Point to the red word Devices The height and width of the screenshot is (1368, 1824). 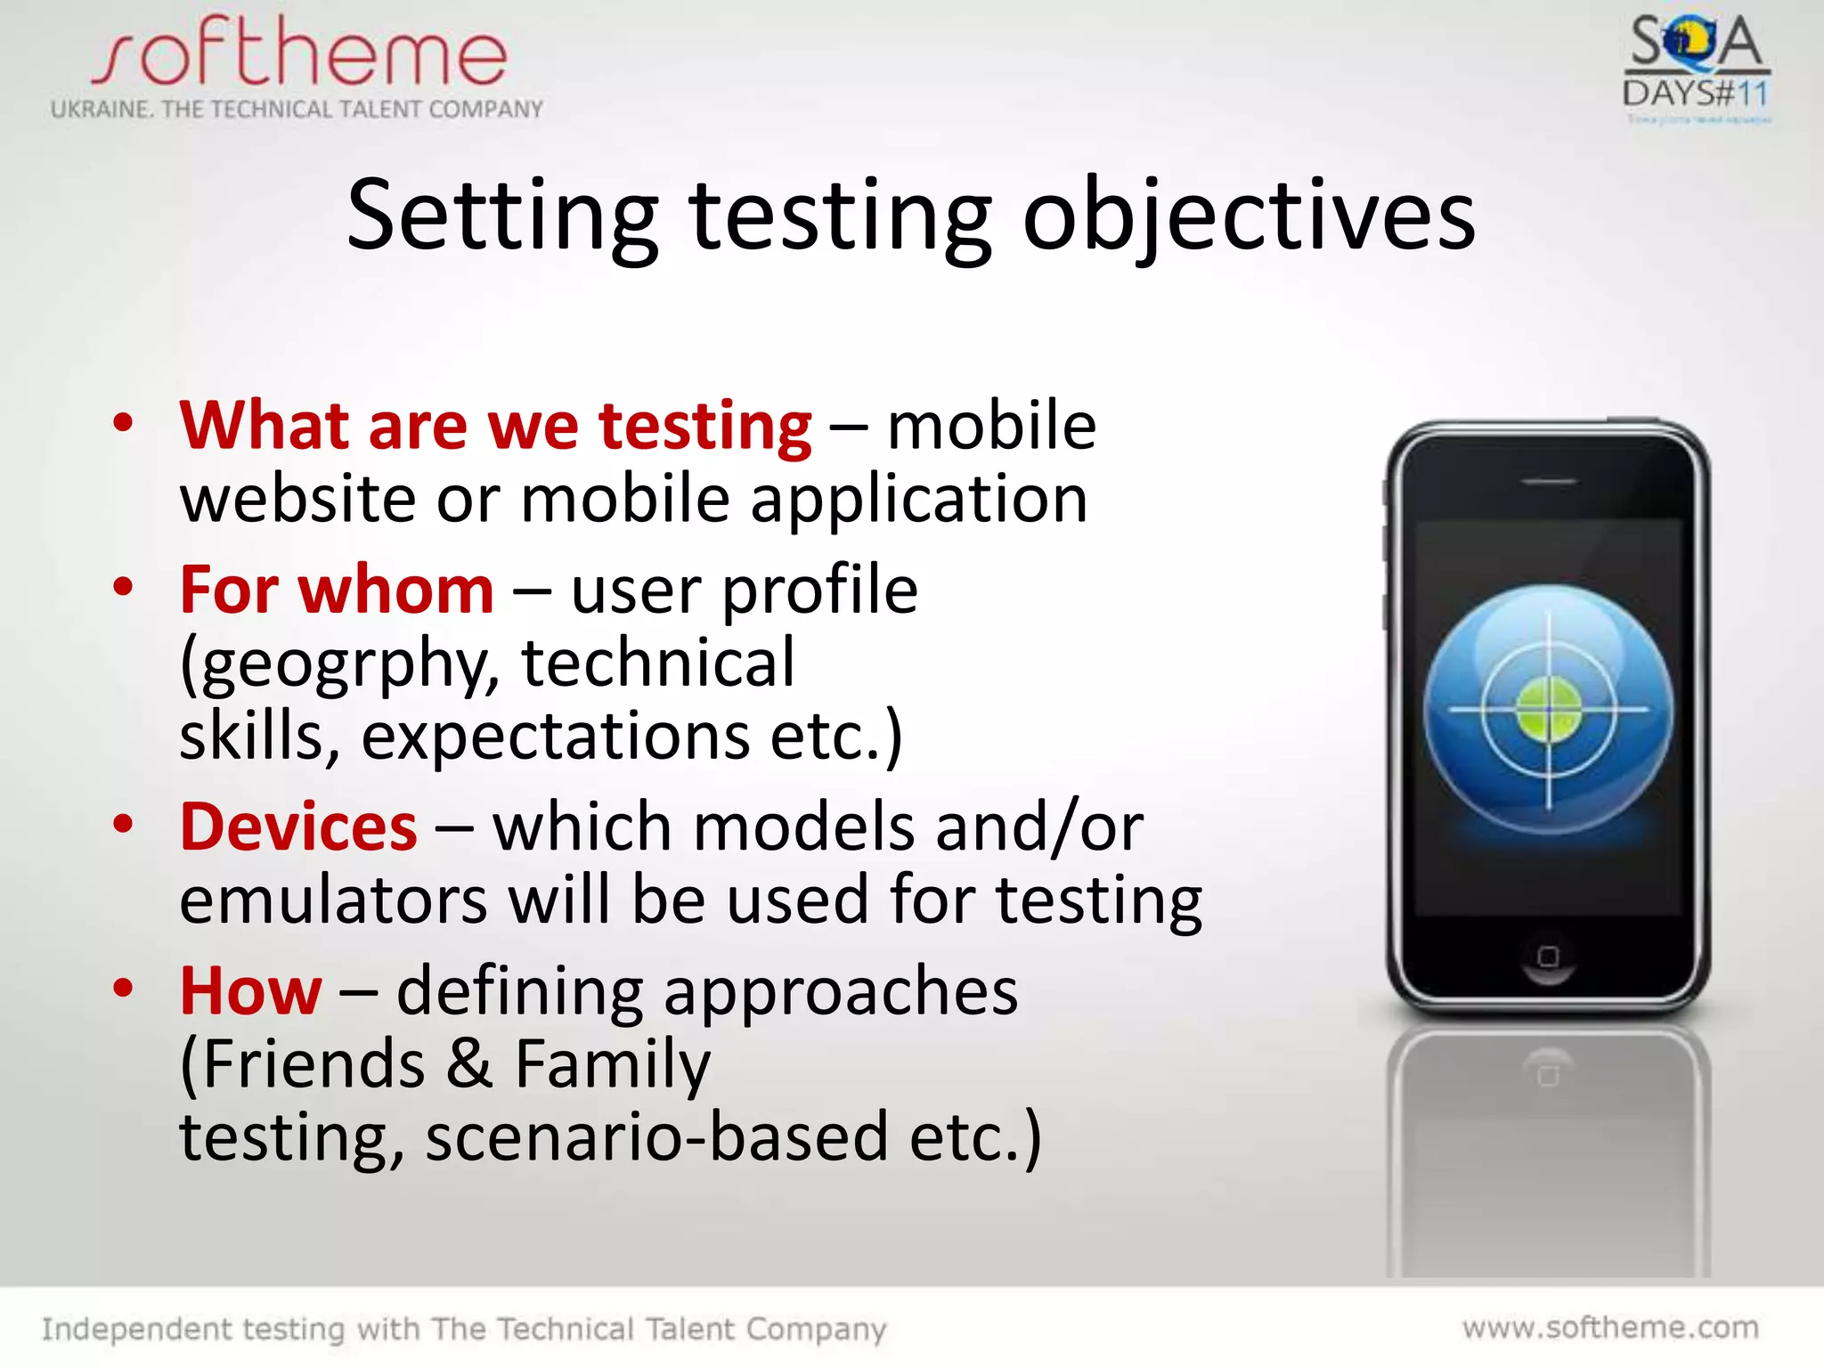tap(298, 827)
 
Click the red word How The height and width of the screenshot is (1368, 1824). tap(250, 990)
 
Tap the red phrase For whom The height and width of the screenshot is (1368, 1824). tap(337, 590)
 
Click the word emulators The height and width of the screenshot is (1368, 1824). tap(333, 900)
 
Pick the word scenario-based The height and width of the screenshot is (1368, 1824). tap(657, 1137)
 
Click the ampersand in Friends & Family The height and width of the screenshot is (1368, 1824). tap(469, 1064)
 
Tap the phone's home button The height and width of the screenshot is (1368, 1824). tap(1549, 957)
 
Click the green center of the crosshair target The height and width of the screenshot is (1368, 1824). tap(1549, 709)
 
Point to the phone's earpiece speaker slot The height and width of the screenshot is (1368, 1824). tap(1549, 482)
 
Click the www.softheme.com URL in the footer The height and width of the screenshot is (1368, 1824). tap(1610, 1327)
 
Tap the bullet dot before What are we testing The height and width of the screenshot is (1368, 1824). tap(123, 422)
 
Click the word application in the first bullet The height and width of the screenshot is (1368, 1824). tap(918, 499)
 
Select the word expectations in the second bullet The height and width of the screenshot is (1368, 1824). tap(556, 737)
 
